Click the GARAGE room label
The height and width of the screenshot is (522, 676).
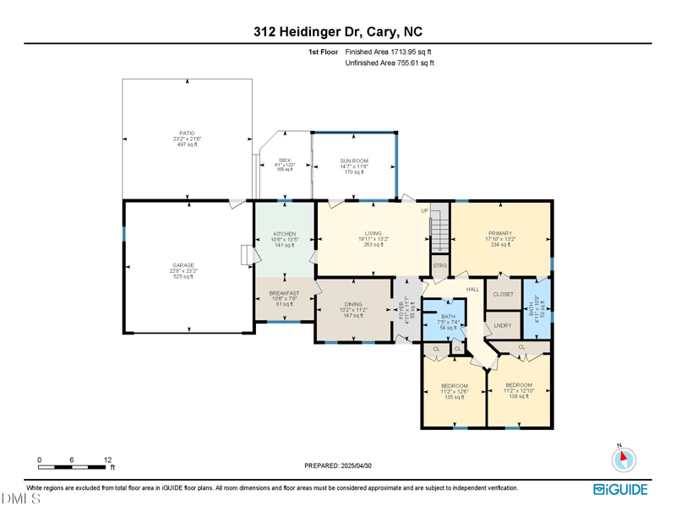coord(183,265)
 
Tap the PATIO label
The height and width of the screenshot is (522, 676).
coord(187,133)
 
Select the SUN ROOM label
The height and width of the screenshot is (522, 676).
coord(355,160)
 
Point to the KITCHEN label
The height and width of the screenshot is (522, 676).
coord(284,234)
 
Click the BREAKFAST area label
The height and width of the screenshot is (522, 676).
coord(284,293)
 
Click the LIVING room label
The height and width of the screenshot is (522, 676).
coord(373,234)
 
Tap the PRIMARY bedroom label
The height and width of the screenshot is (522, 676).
coord(500,234)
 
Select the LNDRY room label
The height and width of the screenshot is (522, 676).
coord(502,325)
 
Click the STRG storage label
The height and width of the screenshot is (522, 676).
coord(440,266)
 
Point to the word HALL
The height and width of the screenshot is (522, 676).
coord(472,290)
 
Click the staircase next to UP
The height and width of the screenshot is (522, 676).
coord(438,232)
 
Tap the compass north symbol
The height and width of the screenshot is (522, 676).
coord(623,459)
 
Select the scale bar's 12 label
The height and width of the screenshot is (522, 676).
coord(108,459)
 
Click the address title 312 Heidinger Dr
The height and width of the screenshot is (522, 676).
coord(337,31)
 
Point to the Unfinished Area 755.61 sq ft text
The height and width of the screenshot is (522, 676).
coord(390,63)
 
